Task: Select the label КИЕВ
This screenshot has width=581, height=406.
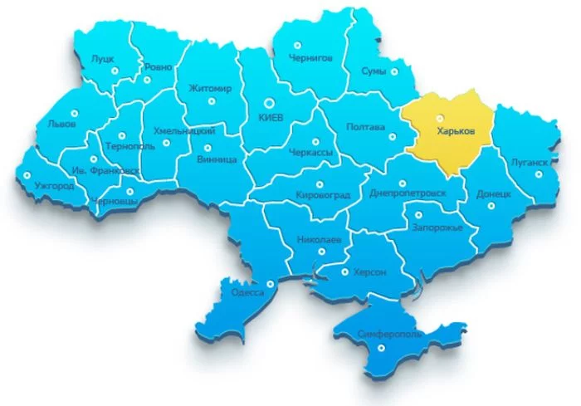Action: [x=271, y=118]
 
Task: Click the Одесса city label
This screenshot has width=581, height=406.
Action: [x=248, y=292]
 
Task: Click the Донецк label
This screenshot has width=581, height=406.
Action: [x=494, y=192]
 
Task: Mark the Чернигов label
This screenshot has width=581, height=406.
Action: [x=311, y=58]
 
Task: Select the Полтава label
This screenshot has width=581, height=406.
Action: [x=365, y=127]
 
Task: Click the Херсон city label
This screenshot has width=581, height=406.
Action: [x=370, y=271]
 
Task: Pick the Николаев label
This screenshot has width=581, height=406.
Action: [x=319, y=240]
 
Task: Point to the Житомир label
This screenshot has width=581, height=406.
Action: [x=210, y=87]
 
